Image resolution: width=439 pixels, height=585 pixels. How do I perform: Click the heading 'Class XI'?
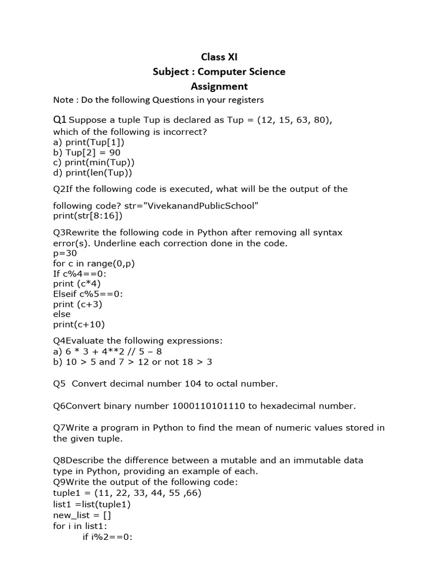point(219,57)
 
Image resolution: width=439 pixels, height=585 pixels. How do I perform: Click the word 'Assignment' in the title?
point(219,86)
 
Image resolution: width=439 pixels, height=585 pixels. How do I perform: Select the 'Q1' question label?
point(59,120)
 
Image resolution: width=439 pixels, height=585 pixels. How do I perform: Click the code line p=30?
point(65,253)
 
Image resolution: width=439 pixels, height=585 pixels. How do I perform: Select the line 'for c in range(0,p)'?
point(94,263)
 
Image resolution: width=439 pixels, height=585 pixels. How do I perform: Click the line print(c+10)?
point(79,324)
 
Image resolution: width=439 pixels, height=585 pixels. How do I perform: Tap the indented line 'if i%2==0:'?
point(108,537)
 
